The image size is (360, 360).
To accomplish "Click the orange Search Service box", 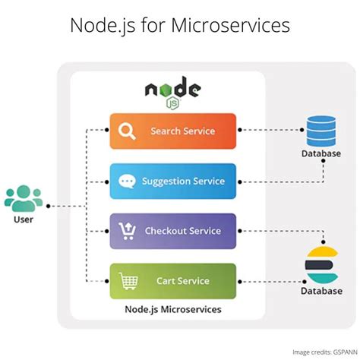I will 173,131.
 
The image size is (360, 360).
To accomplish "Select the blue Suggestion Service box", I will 173,181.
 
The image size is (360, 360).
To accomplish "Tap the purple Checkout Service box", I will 173,231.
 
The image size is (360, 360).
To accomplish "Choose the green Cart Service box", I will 173,281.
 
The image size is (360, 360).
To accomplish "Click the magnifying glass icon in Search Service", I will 127,131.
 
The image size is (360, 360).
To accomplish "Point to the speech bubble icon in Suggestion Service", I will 127,182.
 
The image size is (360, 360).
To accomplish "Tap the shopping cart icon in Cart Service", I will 128,281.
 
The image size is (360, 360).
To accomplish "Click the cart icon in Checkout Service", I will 127,231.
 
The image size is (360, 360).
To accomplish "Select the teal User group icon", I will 24,198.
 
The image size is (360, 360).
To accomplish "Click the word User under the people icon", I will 24,220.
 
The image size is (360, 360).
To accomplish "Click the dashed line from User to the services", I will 67,206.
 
